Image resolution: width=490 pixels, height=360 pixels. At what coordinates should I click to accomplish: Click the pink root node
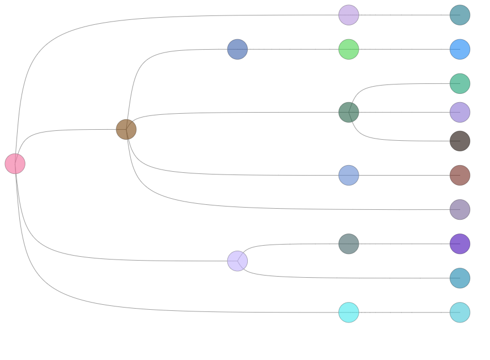[15, 163]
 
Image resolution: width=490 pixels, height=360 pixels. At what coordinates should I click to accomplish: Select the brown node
[126, 129]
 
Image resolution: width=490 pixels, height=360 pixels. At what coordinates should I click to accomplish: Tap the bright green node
[349, 49]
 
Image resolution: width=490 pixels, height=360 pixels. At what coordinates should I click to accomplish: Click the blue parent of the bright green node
[237, 49]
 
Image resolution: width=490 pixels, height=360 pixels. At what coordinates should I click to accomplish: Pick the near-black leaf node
[460, 141]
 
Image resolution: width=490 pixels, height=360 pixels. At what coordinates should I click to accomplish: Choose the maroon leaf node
[460, 176]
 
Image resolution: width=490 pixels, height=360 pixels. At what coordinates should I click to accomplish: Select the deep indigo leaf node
[460, 243]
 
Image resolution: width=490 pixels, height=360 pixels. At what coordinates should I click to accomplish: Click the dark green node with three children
[349, 112]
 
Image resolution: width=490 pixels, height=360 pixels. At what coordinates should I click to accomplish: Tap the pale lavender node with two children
[237, 261]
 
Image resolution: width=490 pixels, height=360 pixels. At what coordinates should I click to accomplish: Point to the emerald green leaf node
[460, 83]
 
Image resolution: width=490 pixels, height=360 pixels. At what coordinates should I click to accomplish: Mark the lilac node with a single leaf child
[349, 15]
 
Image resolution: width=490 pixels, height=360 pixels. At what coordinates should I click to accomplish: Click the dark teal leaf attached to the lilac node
[460, 15]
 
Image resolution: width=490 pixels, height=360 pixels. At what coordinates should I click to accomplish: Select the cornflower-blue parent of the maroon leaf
[349, 175]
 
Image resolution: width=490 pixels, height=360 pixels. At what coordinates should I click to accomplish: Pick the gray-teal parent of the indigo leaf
[349, 243]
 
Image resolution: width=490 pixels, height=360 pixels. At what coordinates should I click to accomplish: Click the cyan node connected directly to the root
[349, 312]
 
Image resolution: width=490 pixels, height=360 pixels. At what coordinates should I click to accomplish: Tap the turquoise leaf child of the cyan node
[460, 312]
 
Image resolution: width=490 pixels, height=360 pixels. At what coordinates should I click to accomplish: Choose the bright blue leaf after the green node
[460, 49]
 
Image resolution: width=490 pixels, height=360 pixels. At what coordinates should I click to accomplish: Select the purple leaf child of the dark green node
[460, 112]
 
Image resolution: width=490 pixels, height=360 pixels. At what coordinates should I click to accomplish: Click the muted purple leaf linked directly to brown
[460, 209]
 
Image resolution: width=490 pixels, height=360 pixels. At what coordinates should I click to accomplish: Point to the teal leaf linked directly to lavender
[460, 278]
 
